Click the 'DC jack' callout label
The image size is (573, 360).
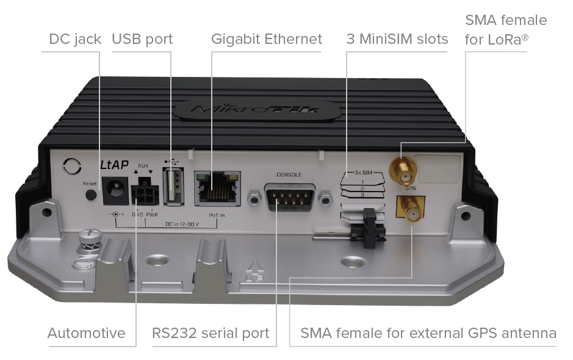[75, 40]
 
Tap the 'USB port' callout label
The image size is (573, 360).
[142, 40]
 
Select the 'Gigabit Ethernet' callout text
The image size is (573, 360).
[266, 40]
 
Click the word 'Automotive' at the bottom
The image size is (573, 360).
[86, 333]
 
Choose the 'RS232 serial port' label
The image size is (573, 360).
[211, 333]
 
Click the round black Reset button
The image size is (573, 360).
[90, 195]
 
